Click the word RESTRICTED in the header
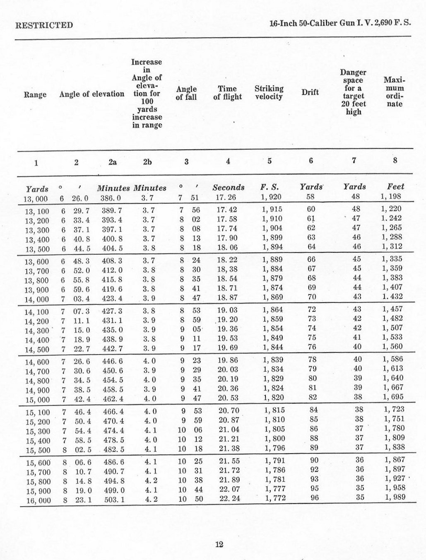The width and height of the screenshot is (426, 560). tap(44, 25)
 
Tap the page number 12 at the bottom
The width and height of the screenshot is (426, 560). tap(219, 544)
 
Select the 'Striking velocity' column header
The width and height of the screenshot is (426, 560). tap(269, 93)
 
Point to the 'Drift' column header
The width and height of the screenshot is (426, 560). tap(310, 92)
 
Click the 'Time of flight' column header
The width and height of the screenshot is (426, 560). tap(227, 93)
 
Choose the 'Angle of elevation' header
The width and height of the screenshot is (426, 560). tap(91, 94)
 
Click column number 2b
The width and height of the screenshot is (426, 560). tap(147, 162)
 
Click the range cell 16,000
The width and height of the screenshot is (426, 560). tap(37, 501)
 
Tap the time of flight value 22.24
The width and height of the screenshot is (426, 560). tap(230, 498)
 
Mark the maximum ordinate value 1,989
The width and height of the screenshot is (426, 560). tap(395, 497)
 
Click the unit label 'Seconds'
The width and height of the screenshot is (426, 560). tap(229, 188)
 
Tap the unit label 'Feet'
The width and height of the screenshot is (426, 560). tap(395, 187)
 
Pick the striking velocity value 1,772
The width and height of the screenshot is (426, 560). tap(275, 498)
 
